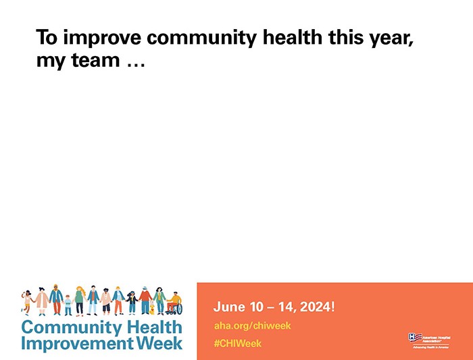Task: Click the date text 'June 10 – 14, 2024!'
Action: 274,307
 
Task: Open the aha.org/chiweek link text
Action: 252,326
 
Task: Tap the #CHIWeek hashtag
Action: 237,344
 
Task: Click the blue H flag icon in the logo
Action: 414,336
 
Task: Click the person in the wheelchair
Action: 174,302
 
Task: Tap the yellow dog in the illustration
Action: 151,309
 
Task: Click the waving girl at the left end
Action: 28,302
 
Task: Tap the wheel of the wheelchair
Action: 170,309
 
